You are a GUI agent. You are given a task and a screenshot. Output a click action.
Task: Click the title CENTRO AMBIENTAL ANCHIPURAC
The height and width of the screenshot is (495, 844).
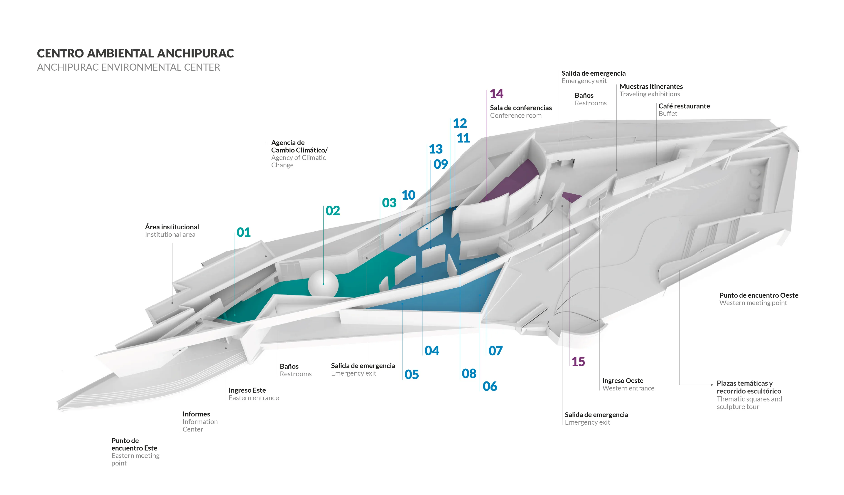click(x=135, y=53)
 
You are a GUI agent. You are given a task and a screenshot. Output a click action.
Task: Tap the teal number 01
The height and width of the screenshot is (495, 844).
click(x=243, y=232)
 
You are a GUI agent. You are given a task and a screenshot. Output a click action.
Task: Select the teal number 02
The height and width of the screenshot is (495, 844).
click(x=333, y=211)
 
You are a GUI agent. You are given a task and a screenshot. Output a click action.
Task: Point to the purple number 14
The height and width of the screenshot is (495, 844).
click(x=496, y=94)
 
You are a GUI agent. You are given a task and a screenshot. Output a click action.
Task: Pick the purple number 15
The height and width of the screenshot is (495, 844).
click(x=578, y=362)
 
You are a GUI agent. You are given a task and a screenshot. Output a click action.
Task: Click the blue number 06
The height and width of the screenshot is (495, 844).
click(x=490, y=386)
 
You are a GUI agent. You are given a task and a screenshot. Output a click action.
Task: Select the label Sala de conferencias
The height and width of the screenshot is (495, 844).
click(x=521, y=108)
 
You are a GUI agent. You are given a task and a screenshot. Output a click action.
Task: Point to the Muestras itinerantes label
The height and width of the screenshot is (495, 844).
click(x=651, y=87)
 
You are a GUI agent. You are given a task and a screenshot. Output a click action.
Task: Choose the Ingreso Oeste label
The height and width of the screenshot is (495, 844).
click(x=623, y=381)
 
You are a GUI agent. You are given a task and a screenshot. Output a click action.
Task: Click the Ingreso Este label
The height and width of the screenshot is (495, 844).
click(x=247, y=390)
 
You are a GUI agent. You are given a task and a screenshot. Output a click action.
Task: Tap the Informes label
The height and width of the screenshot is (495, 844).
click(x=196, y=414)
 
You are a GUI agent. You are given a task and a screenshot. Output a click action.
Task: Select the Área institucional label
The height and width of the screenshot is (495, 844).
click(x=172, y=227)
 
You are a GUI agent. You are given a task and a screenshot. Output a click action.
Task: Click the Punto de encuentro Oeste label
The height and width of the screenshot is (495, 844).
click(x=759, y=295)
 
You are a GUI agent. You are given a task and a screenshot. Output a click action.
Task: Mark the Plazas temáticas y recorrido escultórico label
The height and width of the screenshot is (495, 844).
click(x=749, y=387)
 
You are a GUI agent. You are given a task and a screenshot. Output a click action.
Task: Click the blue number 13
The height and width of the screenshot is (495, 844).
click(x=436, y=149)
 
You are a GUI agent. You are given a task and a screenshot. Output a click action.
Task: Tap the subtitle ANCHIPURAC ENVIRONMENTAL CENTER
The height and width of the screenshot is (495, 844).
click(x=129, y=67)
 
